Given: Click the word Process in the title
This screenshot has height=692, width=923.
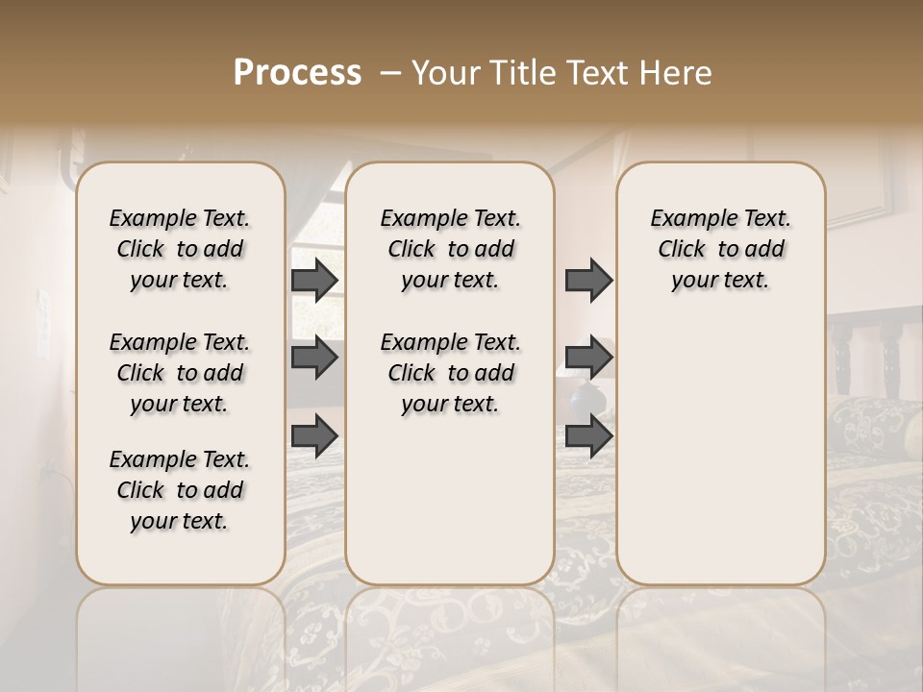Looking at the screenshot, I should (297, 73).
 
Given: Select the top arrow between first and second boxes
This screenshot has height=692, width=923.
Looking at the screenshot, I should (314, 280).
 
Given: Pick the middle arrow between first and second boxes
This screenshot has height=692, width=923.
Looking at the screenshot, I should (314, 358).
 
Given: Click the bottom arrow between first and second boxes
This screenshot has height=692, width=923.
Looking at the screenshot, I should (314, 435).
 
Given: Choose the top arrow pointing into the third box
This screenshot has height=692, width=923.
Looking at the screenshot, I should (588, 280).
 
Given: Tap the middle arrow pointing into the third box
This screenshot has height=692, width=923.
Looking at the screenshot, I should (588, 358).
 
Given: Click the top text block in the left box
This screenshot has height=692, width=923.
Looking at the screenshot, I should (180, 249).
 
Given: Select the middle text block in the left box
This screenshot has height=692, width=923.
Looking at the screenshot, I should (180, 373).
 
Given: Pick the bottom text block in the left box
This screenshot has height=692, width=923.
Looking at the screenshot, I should (180, 490).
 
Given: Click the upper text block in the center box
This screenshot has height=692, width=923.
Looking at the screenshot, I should (450, 249).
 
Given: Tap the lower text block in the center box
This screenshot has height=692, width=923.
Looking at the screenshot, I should (450, 373).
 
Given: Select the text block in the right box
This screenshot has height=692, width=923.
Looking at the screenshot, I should (720, 249).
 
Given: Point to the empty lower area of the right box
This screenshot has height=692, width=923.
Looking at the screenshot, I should (720, 452).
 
